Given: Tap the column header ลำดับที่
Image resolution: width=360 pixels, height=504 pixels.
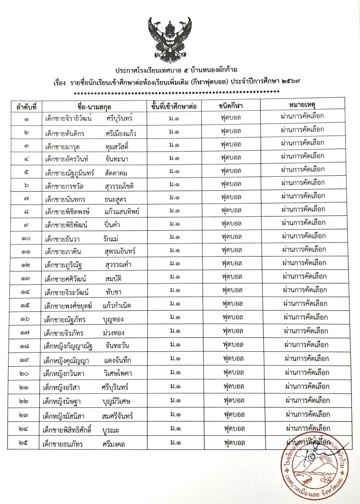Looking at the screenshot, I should tap(24, 106).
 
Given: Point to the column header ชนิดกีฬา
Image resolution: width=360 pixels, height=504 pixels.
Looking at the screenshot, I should tap(231, 106).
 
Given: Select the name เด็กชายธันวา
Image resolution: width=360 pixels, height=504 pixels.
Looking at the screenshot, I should tap(63, 239).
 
